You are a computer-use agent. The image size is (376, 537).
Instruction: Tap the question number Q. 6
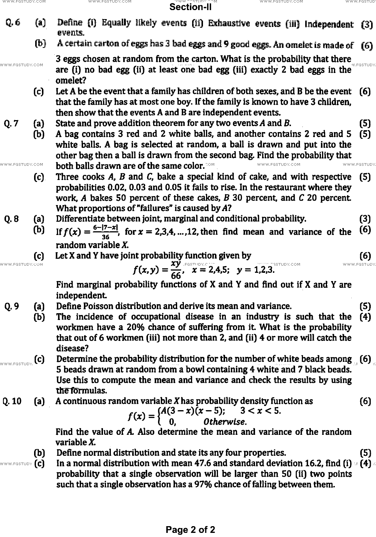coord(13,23)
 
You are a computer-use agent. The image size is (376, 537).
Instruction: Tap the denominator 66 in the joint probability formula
coord(176,276)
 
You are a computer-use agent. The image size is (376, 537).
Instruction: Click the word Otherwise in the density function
coord(225,422)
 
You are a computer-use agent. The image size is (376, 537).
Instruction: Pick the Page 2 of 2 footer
coord(191,530)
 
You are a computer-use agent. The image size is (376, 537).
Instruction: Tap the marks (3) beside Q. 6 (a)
coord(366,25)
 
